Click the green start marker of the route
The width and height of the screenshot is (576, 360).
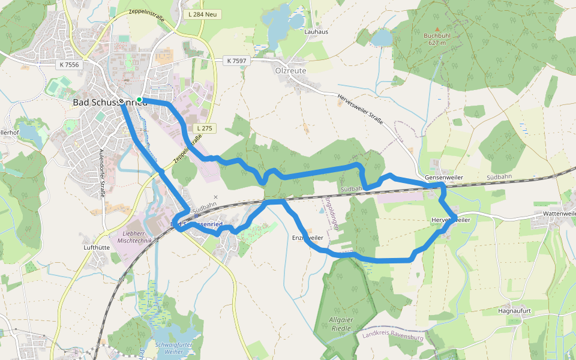point(139,100)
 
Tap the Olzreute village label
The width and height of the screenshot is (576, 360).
point(290,71)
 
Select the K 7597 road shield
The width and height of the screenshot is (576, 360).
point(236,61)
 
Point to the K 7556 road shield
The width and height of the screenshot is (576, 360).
point(70,64)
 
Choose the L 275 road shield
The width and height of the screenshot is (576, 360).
point(205,128)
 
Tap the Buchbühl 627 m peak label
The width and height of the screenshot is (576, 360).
point(437,39)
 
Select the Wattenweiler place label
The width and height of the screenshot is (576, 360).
point(559,214)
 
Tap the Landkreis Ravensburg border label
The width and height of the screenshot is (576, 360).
point(393,338)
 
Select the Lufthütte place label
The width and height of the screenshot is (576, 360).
point(97,247)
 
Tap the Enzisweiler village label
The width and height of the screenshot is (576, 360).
point(307,238)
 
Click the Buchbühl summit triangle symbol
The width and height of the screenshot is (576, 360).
point(437,28)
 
